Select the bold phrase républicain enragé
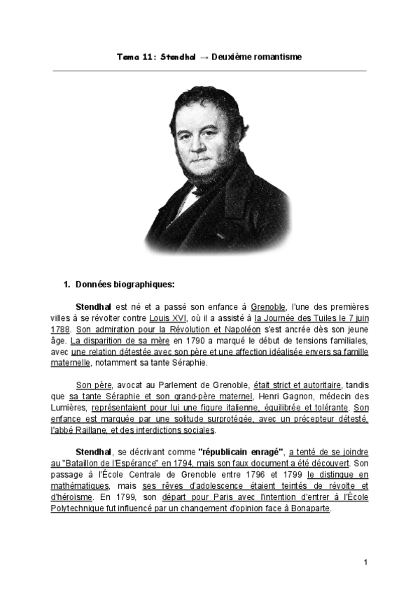(x=239, y=452)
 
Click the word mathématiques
(x=80, y=485)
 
